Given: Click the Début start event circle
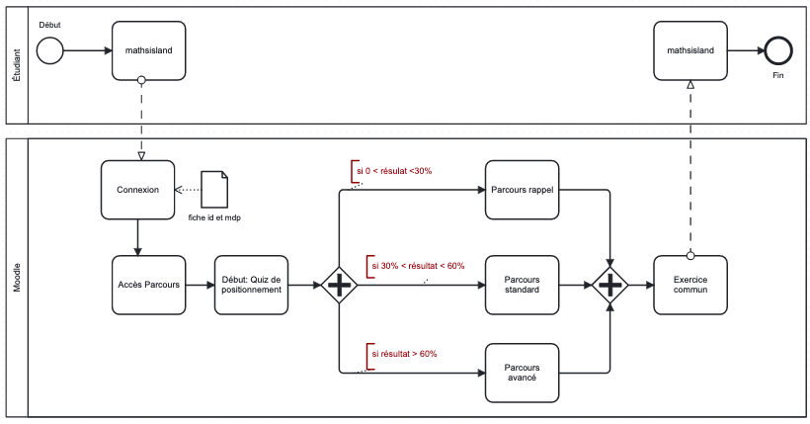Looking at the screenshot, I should (50, 48).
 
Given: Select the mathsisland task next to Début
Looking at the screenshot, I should (149, 48).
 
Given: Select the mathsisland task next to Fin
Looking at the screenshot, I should (690, 48).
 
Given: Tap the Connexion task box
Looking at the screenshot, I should (137, 190).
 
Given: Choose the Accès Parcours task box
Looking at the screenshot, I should (149, 285).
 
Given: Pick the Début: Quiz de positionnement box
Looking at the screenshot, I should (252, 285).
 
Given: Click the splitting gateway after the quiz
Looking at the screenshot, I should (339, 286).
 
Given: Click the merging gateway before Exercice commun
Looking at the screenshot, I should (610, 286).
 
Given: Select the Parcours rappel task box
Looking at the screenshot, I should (522, 190).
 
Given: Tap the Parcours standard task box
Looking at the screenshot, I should (522, 285).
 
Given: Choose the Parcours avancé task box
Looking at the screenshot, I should (522, 372).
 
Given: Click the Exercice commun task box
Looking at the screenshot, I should (690, 285).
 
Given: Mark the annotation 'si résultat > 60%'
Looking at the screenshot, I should (403, 353).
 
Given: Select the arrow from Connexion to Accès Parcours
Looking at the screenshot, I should (137, 236).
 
